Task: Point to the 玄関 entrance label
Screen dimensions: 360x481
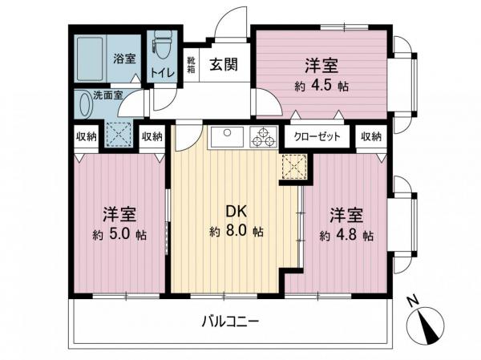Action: point(223,65)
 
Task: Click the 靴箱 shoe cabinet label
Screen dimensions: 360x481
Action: point(192,64)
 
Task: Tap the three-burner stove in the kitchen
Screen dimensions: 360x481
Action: point(262,138)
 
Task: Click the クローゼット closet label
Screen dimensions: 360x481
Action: point(317,136)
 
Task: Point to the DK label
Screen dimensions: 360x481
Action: point(234,212)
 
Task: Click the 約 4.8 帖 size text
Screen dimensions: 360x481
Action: point(346,236)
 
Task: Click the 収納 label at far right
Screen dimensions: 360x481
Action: point(371,136)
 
